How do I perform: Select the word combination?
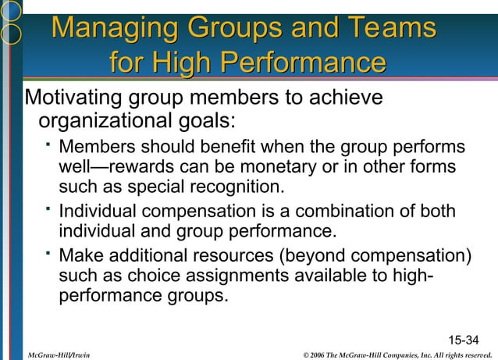click(x=343, y=212)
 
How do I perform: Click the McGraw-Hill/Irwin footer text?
click(x=58, y=355)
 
